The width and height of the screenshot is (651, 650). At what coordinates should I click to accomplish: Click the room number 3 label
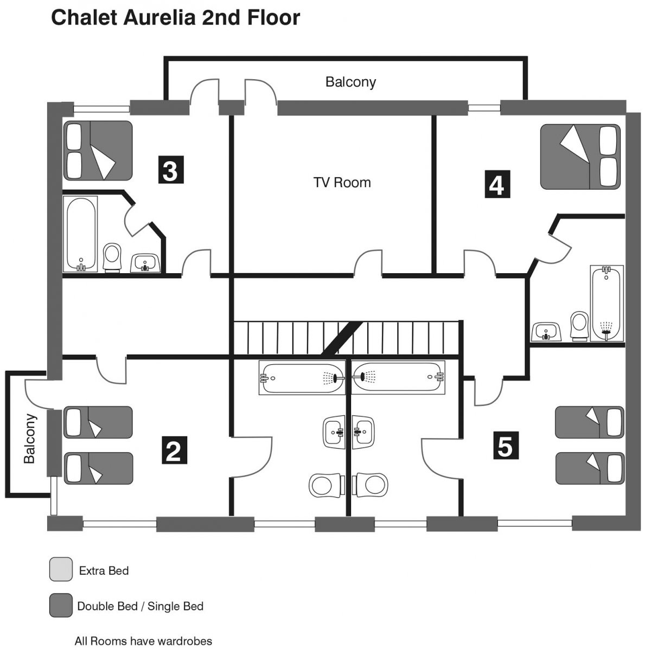click(171, 170)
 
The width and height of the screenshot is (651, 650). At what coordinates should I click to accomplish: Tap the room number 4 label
click(497, 184)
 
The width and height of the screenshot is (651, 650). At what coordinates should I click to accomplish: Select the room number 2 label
click(174, 451)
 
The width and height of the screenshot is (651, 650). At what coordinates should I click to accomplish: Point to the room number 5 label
click(506, 446)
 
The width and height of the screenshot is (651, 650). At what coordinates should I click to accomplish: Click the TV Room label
click(342, 183)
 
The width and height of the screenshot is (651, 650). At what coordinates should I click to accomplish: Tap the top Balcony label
click(350, 82)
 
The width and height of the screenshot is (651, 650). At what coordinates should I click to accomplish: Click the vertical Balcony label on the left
click(30, 439)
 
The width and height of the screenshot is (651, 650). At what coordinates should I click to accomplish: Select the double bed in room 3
click(98, 151)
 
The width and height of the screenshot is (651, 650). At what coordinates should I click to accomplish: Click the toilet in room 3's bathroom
click(112, 258)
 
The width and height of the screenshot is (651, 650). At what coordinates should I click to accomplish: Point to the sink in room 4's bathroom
click(546, 332)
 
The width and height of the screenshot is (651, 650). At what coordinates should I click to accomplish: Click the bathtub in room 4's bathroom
click(607, 303)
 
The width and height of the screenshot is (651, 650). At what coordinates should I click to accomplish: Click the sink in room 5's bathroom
click(363, 432)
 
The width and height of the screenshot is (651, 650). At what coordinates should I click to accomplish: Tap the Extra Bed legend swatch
click(61, 569)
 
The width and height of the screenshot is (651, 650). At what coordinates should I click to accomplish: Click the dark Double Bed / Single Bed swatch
click(61, 606)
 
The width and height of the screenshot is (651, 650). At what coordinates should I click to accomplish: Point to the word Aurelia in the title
click(159, 17)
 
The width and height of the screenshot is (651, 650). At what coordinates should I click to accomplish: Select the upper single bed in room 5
click(590, 422)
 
